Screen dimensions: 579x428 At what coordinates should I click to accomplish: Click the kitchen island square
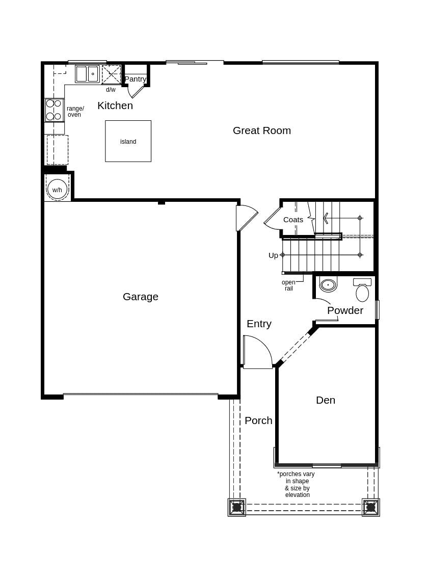(128, 141)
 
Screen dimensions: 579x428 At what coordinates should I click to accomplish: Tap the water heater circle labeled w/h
(57, 189)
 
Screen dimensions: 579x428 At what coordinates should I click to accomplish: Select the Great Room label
(261, 130)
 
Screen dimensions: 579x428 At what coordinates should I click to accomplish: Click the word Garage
(140, 297)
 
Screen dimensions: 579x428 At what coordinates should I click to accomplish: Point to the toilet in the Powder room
(362, 292)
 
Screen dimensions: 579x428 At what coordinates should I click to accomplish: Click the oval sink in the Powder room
(328, 285)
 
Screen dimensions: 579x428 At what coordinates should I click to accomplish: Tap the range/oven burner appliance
(54, 110)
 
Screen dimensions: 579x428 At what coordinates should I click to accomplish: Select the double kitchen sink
(87, 74)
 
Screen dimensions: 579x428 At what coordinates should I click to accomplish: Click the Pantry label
(136, 79)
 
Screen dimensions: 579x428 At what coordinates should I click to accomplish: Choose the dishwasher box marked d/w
(111, 74)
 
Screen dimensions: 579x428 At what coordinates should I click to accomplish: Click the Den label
(325, 400)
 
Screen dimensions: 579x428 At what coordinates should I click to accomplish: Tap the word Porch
(258, 420)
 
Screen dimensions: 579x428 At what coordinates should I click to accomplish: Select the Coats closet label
(293, 220)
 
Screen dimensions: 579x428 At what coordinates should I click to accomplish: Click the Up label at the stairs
(273, 255)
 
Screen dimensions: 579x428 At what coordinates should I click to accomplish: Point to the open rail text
(288, 285)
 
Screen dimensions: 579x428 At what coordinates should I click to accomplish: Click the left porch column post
(236, 507)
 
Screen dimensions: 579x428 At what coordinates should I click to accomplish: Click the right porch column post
(370, 507)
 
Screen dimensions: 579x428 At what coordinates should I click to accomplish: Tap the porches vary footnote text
(297, 484)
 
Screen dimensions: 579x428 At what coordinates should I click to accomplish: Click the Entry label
(259, 324)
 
